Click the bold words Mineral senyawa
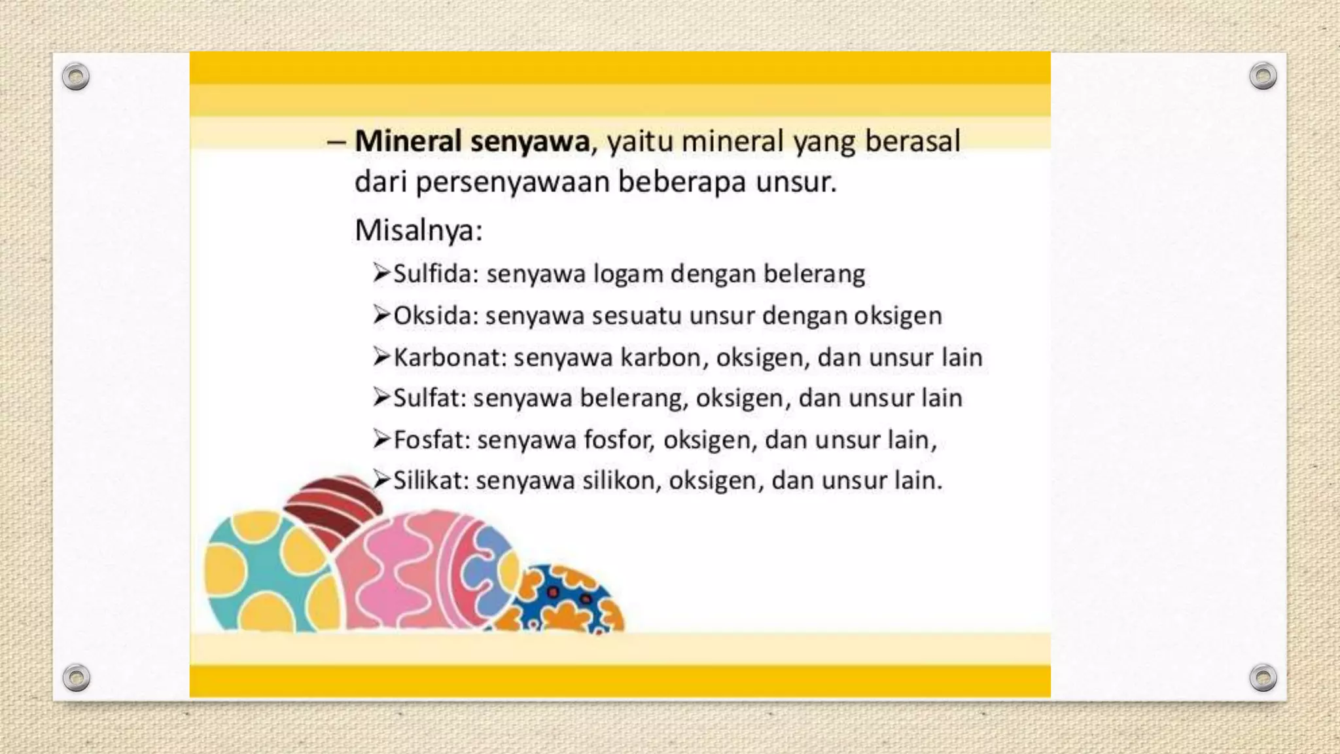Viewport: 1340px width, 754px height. pyautogui.click(x=472, y=141)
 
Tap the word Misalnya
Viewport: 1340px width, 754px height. pyautogui.click(x=417, y=230)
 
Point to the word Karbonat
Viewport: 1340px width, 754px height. pyautogui.click(x=450, y=357)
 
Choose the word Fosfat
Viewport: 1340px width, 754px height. pyautogui.click(x=428, y=439)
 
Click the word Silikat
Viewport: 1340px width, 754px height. pyautogui.click(x=427, y=480)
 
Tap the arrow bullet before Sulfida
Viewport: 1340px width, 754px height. pyautogui.click(x=381, y=273)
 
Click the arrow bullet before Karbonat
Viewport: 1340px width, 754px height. pyautogui.click(x=381, y=357)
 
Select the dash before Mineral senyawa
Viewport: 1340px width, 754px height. pyautogui.click(x=336, y=142)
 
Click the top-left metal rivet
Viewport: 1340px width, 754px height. pyautogui.click(x=76, y=77)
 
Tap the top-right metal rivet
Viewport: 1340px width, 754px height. pyautogui.click(x=1263, y=76)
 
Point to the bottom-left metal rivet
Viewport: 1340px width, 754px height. pyautogui.click(x=76, y=677)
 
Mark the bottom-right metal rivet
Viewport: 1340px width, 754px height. pyautogui.click(x=1263, y=677)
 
